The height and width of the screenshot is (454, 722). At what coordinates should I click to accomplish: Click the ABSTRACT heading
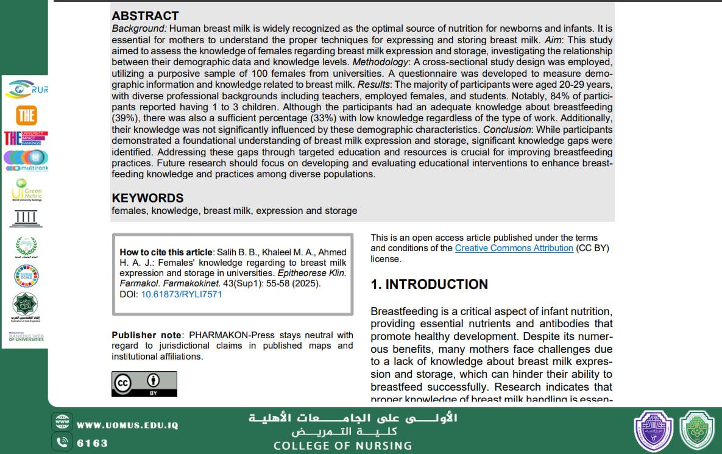click(145, 16)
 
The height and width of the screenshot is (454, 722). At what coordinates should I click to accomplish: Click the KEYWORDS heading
click(147, 198)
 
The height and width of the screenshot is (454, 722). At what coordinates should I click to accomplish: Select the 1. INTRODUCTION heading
click(429, 285)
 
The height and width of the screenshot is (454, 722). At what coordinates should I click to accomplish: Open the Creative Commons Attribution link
click(514, 248)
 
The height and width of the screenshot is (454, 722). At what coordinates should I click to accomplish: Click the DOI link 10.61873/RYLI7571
click(181, 294)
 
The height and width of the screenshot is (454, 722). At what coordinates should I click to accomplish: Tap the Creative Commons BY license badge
click(144, 384)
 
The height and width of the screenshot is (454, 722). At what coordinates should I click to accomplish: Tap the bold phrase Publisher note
click(146, 335)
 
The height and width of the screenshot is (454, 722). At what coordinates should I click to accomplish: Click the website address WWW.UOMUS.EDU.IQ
click(127, 425)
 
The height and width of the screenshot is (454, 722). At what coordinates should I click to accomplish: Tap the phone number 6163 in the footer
click(92, 443)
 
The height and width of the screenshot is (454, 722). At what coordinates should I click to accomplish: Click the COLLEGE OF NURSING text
click(342, 446)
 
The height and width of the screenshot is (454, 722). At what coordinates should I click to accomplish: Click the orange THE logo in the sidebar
click(26, 115)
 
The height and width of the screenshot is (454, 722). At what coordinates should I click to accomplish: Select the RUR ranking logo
click(26, 89)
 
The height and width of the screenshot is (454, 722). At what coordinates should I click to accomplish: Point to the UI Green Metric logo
click(26, 191)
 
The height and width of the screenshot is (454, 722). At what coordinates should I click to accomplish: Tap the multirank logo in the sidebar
click(26, 160)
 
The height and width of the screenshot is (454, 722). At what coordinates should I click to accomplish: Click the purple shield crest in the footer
click(653, 431)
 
